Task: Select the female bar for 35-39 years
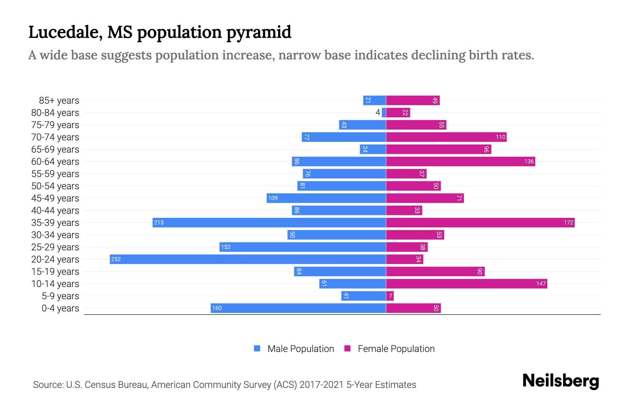click(x=480, y=222)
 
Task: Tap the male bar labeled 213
click(x=269, y=222)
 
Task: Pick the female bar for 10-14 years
click(x=467, y=284)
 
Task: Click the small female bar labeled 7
click(x=390, y=296)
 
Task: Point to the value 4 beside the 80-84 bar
click(x=377, y=112)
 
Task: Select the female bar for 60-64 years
click(x=461, y=161)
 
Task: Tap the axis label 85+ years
click(x=59, y=101)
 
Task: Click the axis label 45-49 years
click(x=55, y=198)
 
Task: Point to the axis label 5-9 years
click(x=60, y=296)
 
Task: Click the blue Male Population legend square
click(x=257, y=348)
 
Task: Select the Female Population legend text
click(x=396, y=348)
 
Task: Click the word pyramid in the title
click(x=259, y=32)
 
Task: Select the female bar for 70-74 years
click(x=446, y=137)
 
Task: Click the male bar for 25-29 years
click(x=303, y=247)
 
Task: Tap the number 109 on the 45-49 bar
click(x=273, y=198)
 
